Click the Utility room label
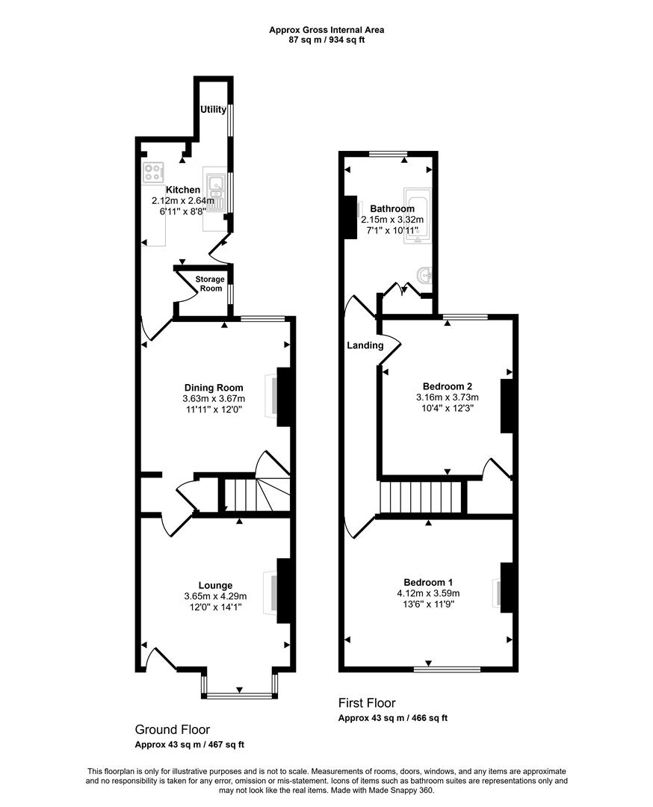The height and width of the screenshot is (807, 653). (213, 110)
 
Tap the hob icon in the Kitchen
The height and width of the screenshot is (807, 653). (153, 173)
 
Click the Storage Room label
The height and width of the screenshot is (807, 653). (209, 283)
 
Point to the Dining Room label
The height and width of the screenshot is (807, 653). (214, 387)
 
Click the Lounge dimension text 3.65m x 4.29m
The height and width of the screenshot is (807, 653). (214, 596)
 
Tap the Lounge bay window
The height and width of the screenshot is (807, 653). (240, 696)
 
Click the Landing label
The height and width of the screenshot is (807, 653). (365, 345)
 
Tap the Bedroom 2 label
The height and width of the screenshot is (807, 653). (447, 386)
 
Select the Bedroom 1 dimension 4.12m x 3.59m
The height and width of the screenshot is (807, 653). (428, 593)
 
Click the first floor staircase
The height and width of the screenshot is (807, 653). (422, 498)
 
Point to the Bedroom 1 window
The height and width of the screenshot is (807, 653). (447, 668)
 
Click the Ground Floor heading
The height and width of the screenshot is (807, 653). (172, 729)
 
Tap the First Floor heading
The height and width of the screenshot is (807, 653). (367, 703)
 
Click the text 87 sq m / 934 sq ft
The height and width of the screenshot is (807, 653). (327, 40)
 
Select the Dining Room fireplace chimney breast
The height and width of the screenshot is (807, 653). (284, 397)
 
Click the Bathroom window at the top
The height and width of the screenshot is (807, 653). (388, 154)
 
